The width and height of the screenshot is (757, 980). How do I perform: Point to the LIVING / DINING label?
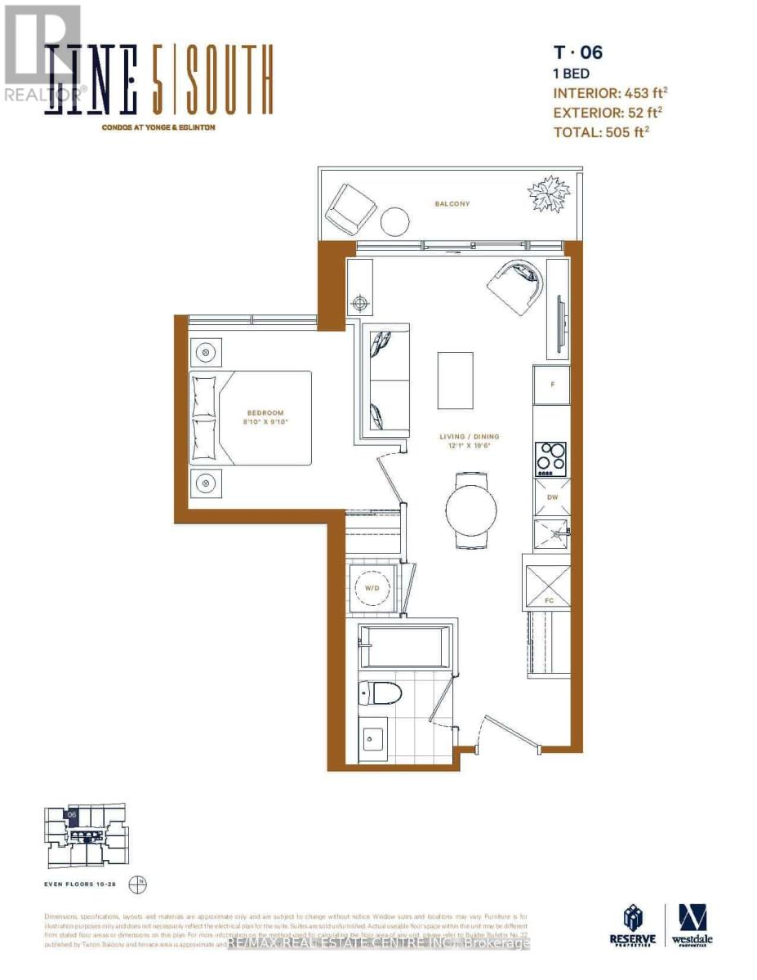click(x=469, y=437)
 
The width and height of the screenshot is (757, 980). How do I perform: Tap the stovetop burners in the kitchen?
click(x=550, y=459)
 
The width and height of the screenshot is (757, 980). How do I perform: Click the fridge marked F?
click(x=552, y=384)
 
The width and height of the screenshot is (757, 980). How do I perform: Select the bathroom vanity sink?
click(x=376, y=742)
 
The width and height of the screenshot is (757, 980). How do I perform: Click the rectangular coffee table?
click(x=455, y=380)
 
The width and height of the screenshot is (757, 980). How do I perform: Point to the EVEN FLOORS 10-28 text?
click(x=82, y=884)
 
